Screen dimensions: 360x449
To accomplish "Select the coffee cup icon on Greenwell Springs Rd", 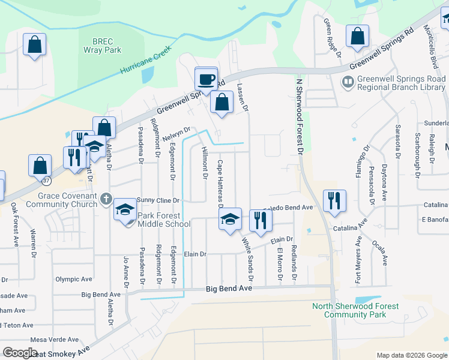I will point(206,79).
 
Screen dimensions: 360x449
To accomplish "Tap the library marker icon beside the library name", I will point(348,80).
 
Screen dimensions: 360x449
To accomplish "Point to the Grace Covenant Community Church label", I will point(67,200).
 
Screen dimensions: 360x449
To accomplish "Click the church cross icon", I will point(106,198).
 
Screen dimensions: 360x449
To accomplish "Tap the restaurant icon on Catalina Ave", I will point(334,202).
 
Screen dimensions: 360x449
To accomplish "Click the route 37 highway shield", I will point(46,179).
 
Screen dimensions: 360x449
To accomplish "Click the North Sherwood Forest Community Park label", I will point(355,310).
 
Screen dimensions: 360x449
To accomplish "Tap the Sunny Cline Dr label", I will point(158,200).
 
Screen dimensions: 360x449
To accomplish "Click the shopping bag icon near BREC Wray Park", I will point(35,44).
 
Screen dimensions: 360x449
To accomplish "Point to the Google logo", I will point(20,353).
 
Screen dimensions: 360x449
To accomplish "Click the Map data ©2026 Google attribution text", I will point(411,355).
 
